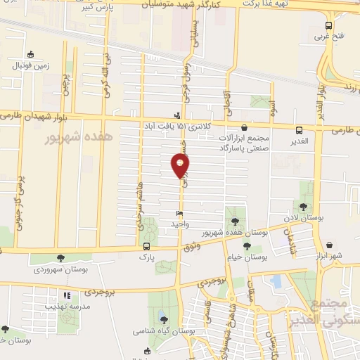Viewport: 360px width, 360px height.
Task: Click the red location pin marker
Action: (x=181, y=164)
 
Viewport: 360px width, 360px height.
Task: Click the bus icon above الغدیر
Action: (x=300, y=130)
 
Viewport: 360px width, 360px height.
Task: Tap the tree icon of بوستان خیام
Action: (x=247, y=245)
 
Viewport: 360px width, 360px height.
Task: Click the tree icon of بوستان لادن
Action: (x=303, y=207)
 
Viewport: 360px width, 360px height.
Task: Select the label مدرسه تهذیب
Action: (x=65, y=307)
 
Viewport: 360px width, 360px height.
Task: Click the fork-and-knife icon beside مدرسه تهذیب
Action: (x=67, y=297)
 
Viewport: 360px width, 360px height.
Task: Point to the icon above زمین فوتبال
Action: (x=30, y=54)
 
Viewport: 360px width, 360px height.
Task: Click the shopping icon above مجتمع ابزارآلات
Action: (x=244, y=128)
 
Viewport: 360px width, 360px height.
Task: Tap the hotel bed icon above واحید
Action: (x=180, y=214)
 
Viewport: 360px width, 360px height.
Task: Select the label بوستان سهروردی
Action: (x=59, y=270)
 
